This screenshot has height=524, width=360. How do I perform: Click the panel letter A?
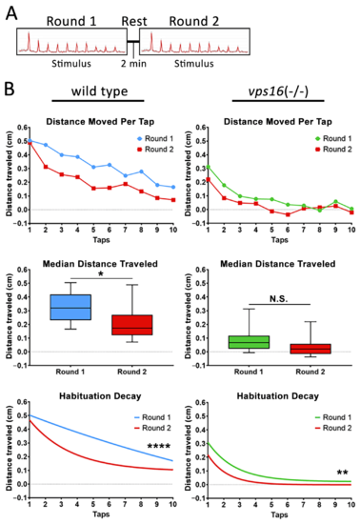(11, 13)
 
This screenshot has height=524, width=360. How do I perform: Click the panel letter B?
(10, 90)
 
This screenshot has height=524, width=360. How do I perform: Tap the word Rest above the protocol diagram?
(134, 21)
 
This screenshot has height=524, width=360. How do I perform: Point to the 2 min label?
(133, 64)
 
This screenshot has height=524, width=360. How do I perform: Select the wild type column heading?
(99, 91)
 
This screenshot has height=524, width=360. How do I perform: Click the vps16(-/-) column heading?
(278, 91)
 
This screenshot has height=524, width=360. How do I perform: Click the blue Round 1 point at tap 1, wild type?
(30, 141)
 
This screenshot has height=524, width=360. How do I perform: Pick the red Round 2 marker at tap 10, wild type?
(173, 200)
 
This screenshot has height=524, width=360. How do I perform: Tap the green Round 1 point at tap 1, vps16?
(208, 167)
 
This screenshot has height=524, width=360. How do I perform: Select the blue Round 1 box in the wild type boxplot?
(70, 307)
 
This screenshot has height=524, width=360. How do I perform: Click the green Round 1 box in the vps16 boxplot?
(249, 342)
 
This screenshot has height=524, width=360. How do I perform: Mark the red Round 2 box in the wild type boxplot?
(132, 325)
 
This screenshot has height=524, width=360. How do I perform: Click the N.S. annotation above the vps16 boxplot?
(278, 299)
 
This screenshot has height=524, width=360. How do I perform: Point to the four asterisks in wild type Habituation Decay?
(159, 446)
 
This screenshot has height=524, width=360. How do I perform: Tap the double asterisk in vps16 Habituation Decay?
(342, 473)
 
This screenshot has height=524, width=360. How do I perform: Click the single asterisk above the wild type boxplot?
(101, 274)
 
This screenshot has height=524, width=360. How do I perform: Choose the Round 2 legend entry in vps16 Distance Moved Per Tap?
(333, 149)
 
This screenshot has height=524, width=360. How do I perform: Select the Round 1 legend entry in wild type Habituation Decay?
(152, 417)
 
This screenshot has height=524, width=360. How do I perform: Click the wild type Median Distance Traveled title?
(100, 264)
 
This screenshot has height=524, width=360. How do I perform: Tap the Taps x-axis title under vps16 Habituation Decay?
(279, 514)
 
